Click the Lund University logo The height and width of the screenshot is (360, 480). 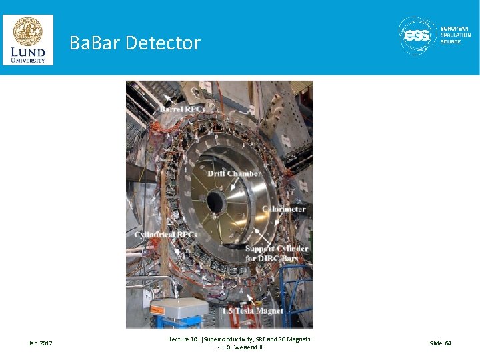coord(28,39)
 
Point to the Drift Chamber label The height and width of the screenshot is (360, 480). coord(234,173)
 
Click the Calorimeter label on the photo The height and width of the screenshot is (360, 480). coord(283,209)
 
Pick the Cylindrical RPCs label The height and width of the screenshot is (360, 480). coord(166,235)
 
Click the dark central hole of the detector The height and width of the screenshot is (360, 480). coord(215,201)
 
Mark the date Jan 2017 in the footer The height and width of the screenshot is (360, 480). coord(41,343)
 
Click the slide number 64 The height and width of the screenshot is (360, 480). coord(440,343)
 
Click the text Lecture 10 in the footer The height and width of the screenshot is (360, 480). coord(183,339)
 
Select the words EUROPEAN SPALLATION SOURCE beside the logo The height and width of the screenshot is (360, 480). coord(455,35)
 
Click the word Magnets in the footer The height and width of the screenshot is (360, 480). coord(297,339)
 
